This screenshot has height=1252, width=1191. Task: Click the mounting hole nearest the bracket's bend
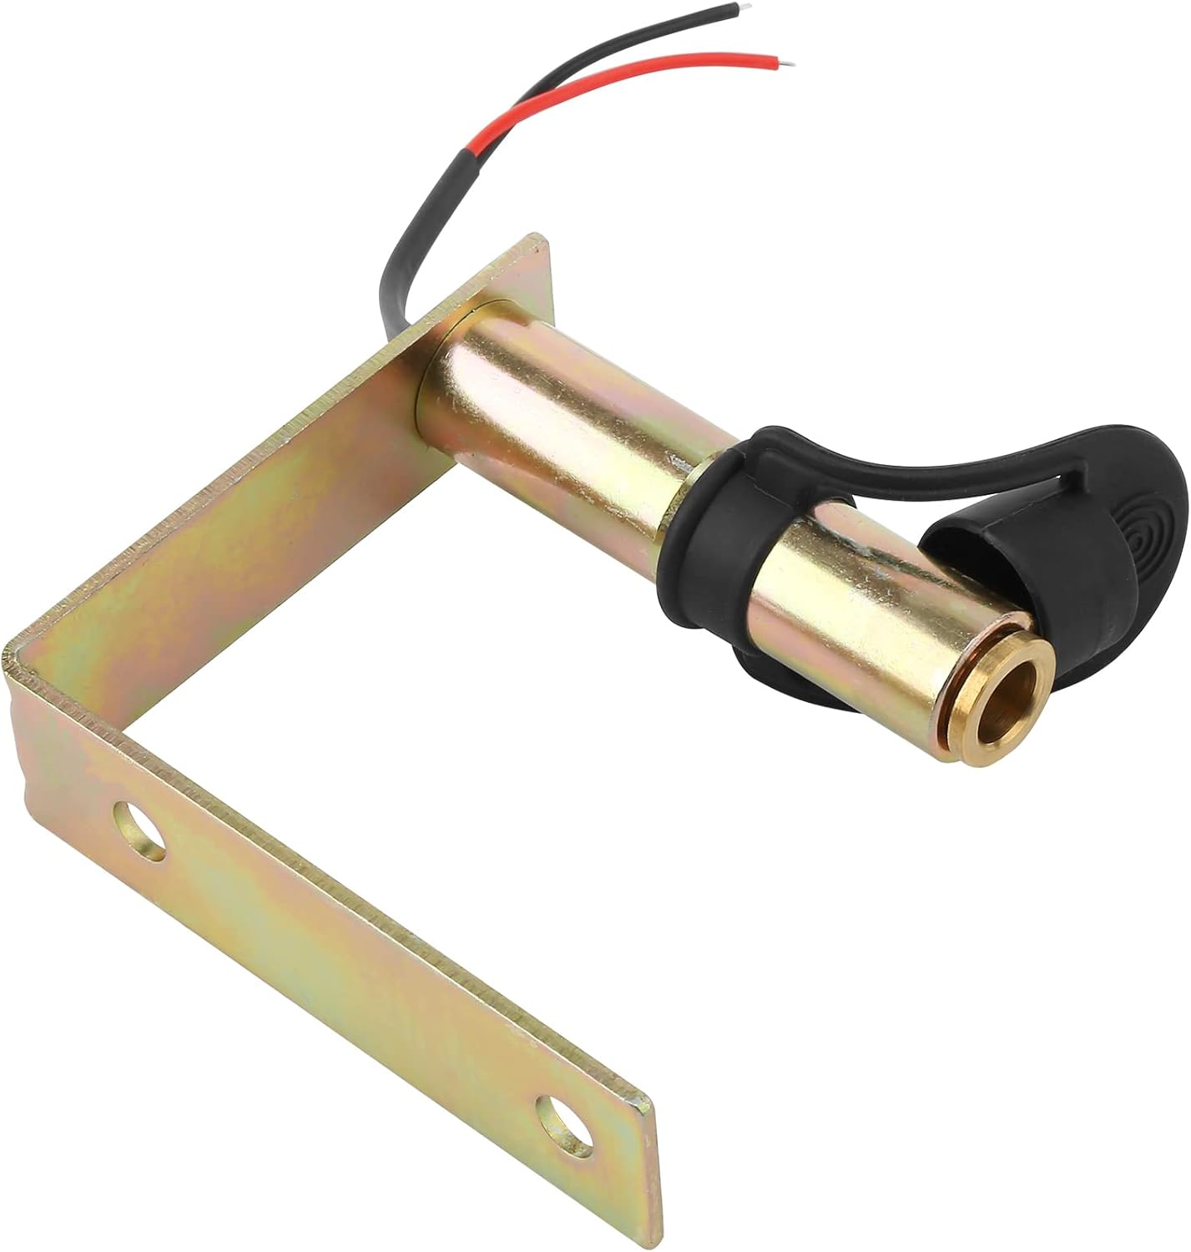point(141,828)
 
